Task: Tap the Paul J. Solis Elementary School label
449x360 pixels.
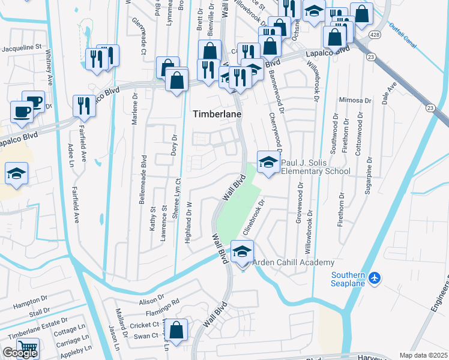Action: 315,167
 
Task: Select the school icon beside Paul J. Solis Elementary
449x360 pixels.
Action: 268,161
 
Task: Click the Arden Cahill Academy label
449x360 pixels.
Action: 293,263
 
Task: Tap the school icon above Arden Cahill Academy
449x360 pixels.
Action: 242,251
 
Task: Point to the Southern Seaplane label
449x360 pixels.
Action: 348,279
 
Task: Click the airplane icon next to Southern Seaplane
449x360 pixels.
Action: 375,278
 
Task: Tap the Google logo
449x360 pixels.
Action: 20,353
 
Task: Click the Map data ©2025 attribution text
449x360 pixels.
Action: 423,355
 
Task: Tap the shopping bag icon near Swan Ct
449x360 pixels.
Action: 177,330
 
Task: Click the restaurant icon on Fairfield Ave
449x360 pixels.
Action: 84,106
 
